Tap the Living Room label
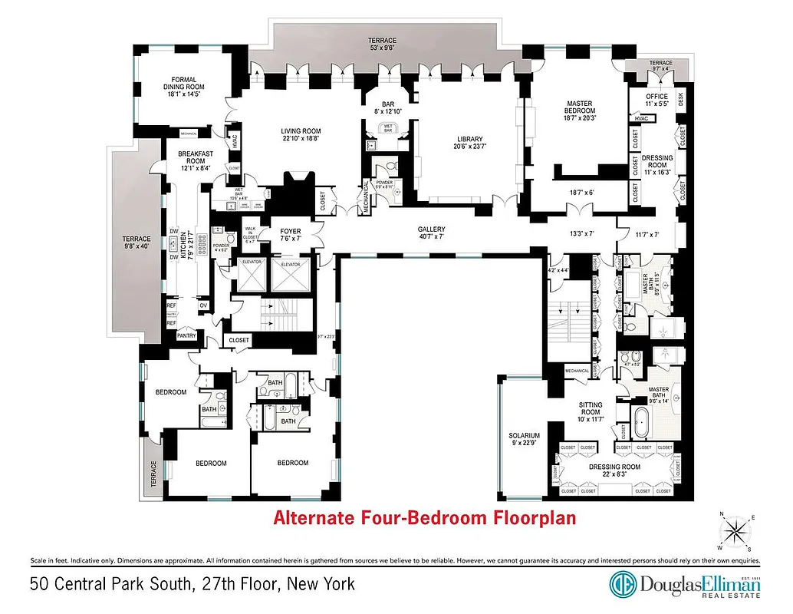301,136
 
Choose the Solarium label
525,440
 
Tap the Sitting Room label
591,409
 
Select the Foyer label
291,234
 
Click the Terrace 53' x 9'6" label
382,44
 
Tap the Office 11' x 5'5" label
657,100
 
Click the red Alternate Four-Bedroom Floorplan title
425,518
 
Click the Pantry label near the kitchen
186,335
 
